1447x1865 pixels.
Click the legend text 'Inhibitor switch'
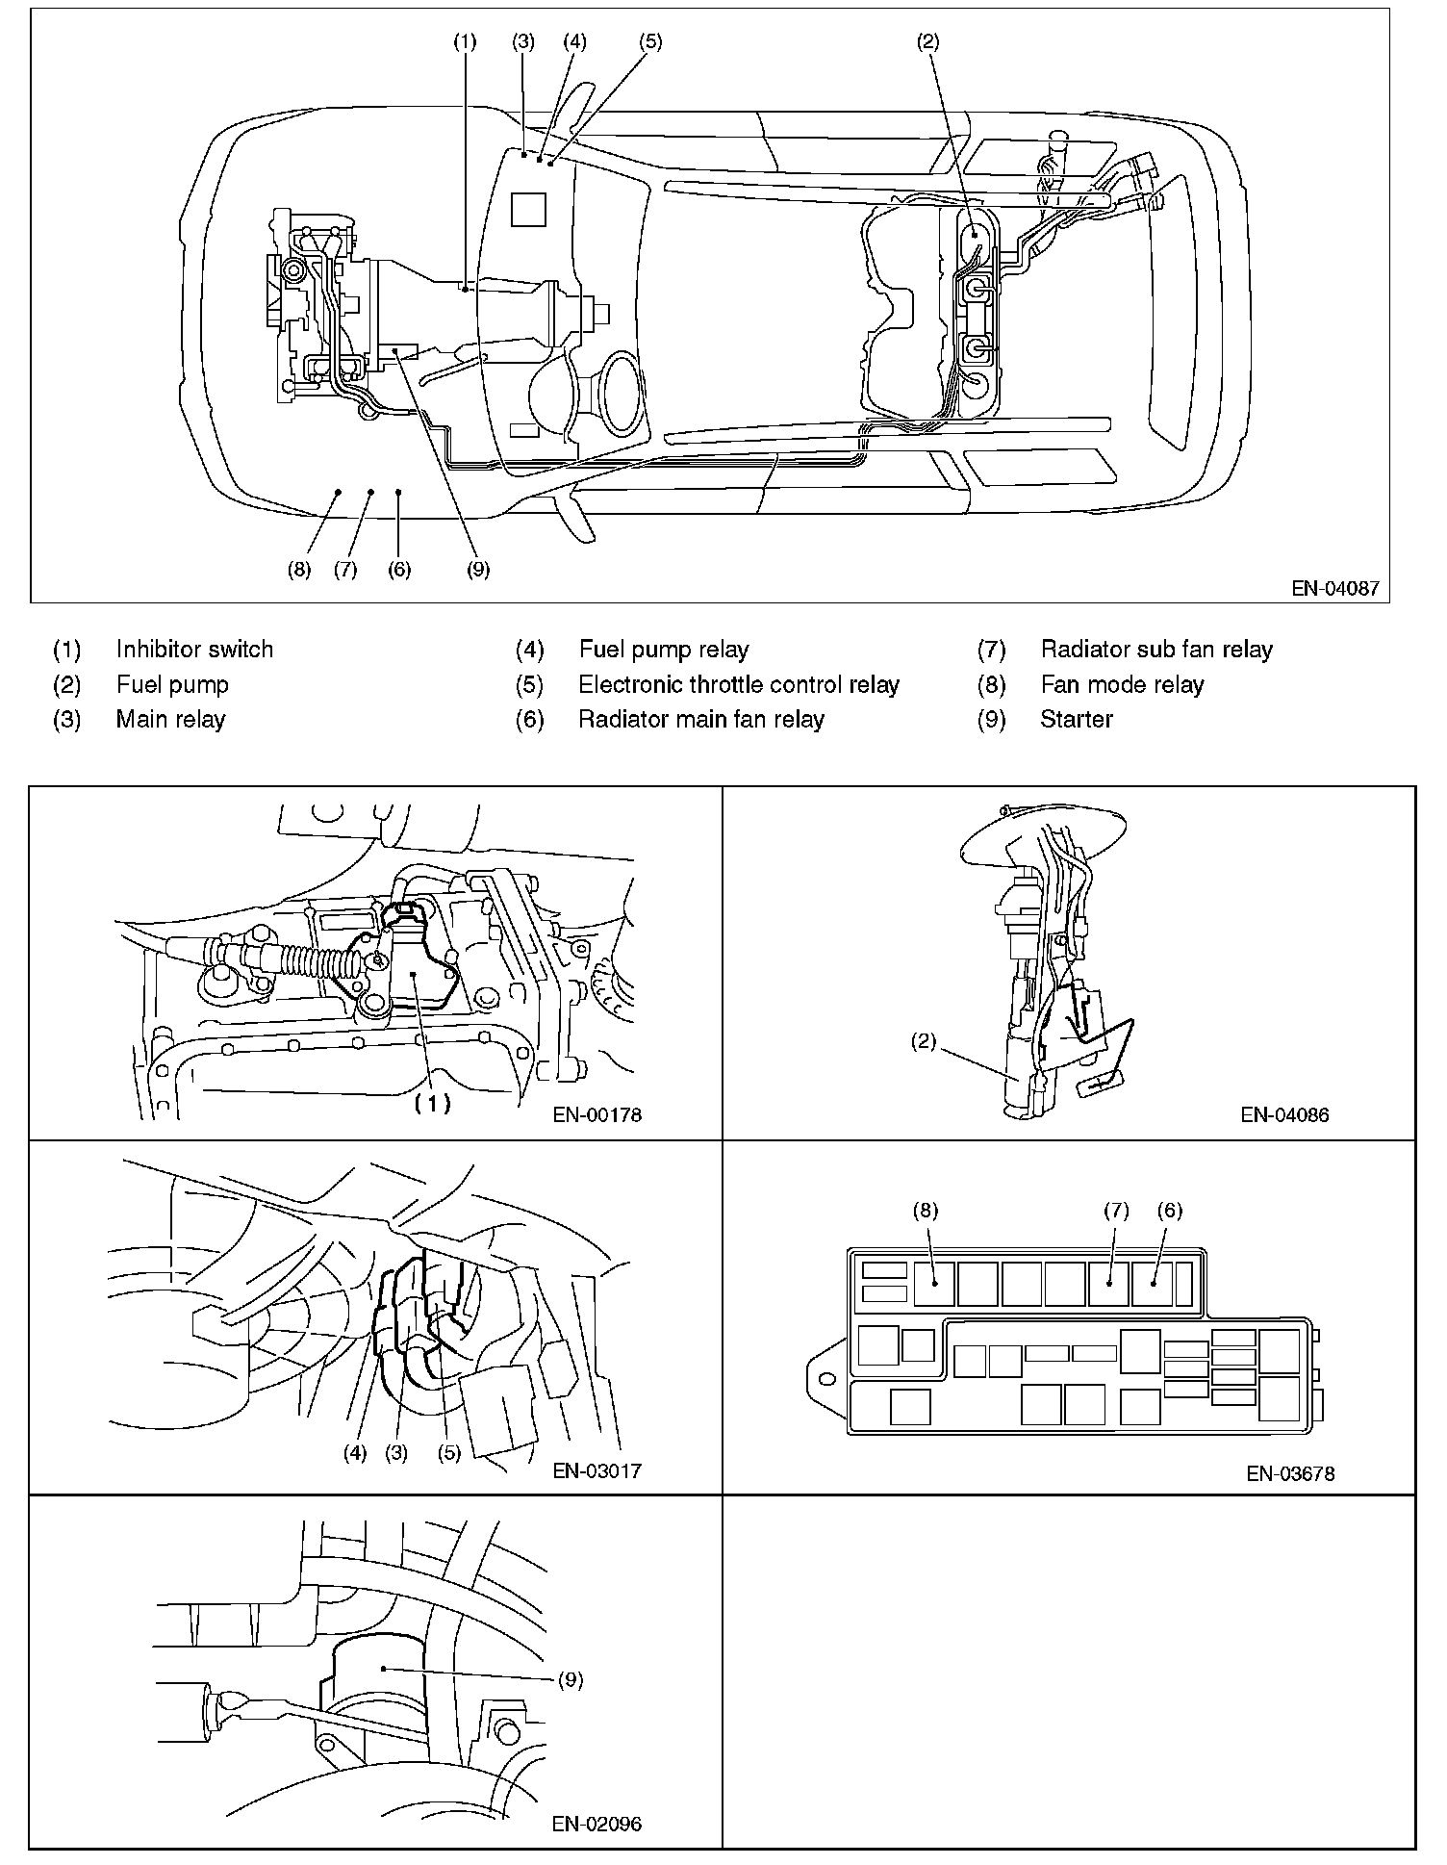tap(194, 650)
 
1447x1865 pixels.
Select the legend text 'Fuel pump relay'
tap(663, 650)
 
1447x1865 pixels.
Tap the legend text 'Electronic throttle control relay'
tap(738, 684)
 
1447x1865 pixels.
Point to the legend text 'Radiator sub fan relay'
tap(1155, 650)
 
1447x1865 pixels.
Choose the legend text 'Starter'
tap(1076, 719)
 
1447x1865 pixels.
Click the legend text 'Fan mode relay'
tap(1122, 684)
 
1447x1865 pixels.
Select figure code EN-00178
tap(597, 1115)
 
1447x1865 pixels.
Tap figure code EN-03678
tap(1290, 1472)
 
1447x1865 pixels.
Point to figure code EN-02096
tap(597, 1824)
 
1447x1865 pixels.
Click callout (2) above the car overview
tap(927, 41)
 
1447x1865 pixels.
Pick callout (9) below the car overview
tap(478, 569)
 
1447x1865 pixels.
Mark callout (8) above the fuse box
tap(926, 1211)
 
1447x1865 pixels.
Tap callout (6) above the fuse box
tap(1170, 1211)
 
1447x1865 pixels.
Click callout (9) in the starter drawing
tap(571, 1680)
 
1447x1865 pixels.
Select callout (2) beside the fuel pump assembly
tap(924, 1041)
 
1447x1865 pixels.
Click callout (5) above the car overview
tap(650, 41)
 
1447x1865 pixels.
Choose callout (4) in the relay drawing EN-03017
tap(356, 1453)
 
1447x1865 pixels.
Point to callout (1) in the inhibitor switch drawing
tap(432, 1104)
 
